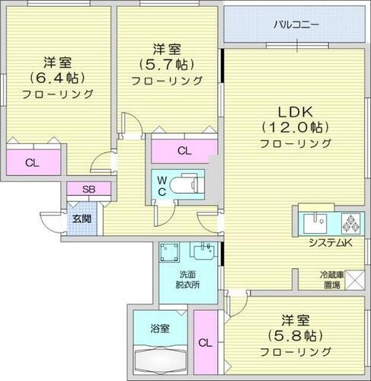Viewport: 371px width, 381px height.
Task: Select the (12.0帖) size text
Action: tap(296, 126)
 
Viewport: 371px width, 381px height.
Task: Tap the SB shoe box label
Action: tap(79, 190)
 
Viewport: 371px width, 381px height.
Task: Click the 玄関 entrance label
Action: tap(82, 218)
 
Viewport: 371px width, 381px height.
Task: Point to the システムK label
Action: tap(329, 243)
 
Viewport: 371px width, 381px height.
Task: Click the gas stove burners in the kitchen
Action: tap(351, 223)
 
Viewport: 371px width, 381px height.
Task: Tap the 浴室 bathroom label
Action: tap(159, 328)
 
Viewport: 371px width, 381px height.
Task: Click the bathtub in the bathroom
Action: tap(159, 358)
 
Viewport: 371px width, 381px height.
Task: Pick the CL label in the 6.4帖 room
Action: tap(31, 162)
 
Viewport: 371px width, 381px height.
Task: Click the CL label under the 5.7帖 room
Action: tap(184, 150)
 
